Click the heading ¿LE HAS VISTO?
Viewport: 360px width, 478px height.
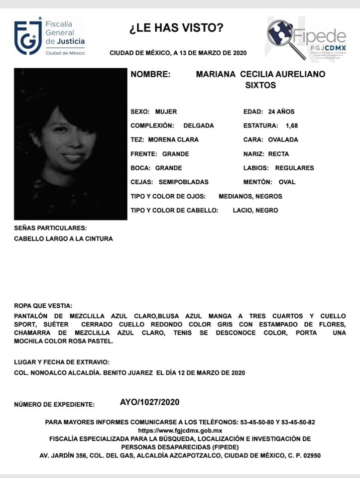[x=176, y=28]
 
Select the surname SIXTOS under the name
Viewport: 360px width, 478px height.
[x=260, y=85]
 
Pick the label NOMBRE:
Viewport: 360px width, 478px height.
[x=150, y=74]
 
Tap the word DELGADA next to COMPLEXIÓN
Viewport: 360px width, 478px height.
[x=198, y=125]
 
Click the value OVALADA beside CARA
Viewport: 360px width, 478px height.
[x=283, y=140]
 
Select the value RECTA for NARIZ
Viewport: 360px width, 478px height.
[x=278, y=154]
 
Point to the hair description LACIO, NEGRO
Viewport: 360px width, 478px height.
[x=255, y=211]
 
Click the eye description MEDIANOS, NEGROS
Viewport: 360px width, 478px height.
[x=250, y=196]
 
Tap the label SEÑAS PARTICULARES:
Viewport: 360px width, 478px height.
[x=50, y=228]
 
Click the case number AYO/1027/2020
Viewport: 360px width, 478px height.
[x=149, y=402]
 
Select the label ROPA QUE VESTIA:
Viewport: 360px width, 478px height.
[x=43, y=306]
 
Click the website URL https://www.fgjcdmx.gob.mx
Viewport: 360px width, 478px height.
[x=180, y=430]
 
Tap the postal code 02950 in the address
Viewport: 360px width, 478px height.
[x=310, y=456]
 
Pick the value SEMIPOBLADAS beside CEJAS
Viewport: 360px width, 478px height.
[x=183, y=182]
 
